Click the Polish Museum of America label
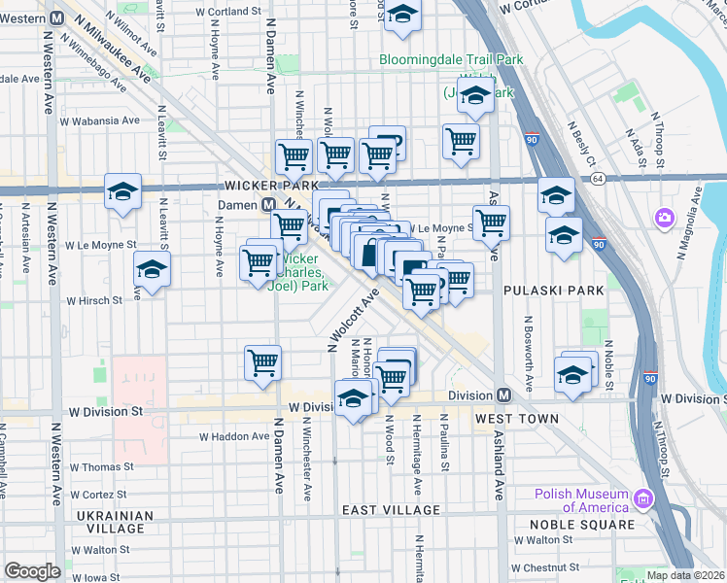click(580, 499)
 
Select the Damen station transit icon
click(267, 205)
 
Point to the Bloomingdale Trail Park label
click(451, 59)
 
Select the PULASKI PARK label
click(554, 290)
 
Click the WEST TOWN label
click(516, 419)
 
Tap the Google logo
click(32, 571)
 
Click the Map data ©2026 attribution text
click(685, 575)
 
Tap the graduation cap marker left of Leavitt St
click(122, 191)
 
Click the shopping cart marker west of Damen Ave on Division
click(262, 363)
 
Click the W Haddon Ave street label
click(234, 436)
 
